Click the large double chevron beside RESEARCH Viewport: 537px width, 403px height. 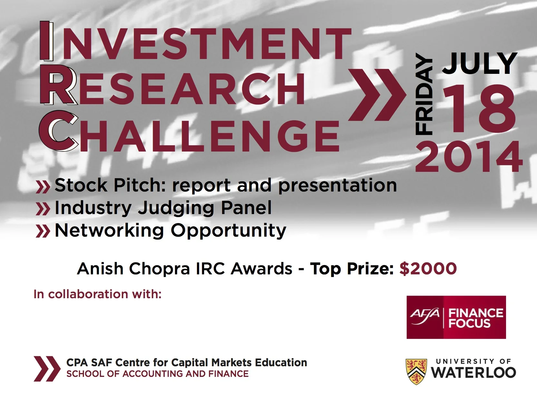coord(376,95)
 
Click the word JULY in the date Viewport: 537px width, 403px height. coord(480,64)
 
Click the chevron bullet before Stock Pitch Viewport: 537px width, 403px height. coord(43,186)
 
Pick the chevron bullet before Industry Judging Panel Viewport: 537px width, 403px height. coord(43,209)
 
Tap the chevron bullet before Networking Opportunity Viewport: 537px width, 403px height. coord(43,231)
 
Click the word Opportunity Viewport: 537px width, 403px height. coord(228,231)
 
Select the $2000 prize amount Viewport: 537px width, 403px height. coord(428,269)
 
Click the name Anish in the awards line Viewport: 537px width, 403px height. coord(100,269)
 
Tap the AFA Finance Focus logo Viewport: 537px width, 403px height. coord(456,317)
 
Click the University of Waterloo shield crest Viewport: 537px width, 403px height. coord(416,371)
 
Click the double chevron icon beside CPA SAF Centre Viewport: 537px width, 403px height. coord(46,369)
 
